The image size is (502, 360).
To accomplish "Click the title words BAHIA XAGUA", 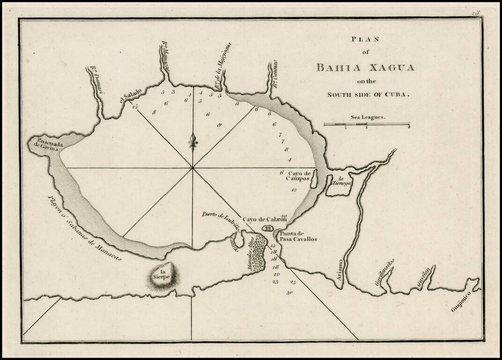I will [365, 67].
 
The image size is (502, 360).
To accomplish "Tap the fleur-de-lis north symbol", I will [192, 141].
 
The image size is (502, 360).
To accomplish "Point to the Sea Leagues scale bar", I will [367, 124].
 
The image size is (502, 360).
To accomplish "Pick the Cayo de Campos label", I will [299, 176].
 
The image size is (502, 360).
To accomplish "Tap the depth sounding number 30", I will [290, 292].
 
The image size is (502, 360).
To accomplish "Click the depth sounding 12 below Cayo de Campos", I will [294, 190].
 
